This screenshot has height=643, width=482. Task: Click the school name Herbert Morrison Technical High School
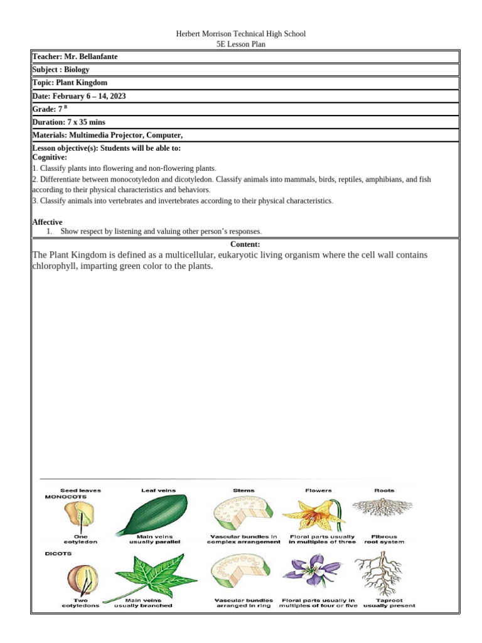[x=241, y=34]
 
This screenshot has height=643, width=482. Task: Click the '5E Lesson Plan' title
[x=241, y=45]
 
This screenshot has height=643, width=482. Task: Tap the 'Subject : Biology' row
[x=61, y=70]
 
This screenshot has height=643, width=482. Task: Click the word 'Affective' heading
[x=47, y=222]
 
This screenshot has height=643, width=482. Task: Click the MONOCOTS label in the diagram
[x=65, y=496]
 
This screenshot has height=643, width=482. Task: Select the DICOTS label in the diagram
[x=58, y=554]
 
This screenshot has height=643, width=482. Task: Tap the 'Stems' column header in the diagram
[x=243, y=490]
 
